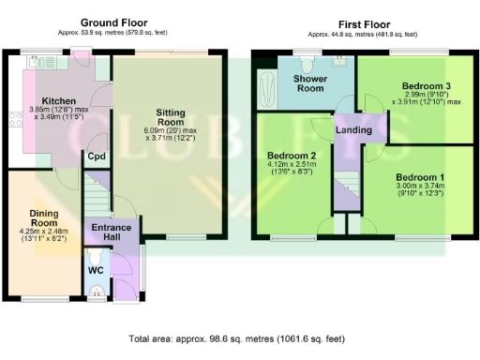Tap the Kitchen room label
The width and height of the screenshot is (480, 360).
(58, 102)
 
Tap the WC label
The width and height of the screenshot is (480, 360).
(95, 271)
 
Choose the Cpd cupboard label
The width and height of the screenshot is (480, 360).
(96, 157)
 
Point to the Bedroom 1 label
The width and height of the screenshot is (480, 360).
(420, 177)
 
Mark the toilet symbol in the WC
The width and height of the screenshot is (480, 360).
(96, 292)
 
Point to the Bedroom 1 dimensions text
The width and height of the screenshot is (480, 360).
(420, 191)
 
